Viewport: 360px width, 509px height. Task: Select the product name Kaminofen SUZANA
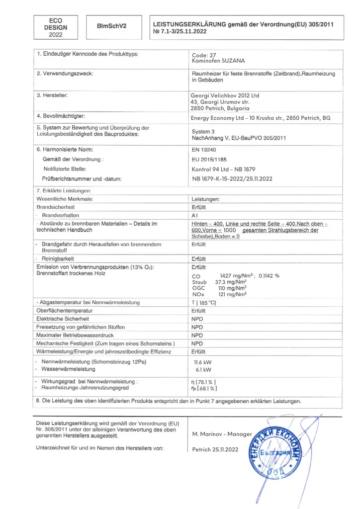pos(218,60)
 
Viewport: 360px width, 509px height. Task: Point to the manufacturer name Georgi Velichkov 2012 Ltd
pos(225,95)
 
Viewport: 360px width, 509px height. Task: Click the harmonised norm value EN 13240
pos(204,150)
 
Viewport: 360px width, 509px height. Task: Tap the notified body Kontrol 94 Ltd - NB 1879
pos(223,169)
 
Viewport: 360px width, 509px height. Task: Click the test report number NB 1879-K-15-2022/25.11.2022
pos(232,179)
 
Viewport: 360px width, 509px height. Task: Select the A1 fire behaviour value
pos(195,216)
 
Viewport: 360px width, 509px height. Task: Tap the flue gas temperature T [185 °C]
pos(204,302)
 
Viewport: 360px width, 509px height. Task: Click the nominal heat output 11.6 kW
pos(202,362)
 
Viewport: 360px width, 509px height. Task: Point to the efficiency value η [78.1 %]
pos(204,381)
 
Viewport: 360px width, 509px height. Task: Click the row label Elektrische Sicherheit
pos(63,319)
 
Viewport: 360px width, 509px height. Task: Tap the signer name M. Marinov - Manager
pos(222,434)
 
